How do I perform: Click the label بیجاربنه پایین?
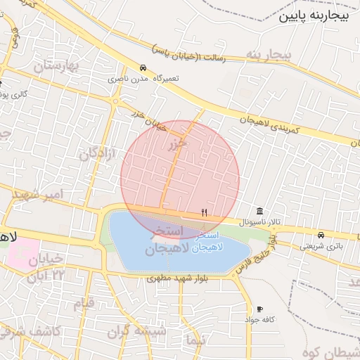click(x=314, y=16)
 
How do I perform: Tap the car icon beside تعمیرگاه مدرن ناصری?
click(x=143, y=69)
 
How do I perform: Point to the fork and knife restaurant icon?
click(x=205, y=212)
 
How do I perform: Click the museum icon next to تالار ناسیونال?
click(x=260, y=212)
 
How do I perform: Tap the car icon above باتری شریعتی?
click(x=321, y=235)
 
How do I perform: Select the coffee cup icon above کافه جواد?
click(x=259, y=309)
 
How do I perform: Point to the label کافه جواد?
click(x=259, y=319)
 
